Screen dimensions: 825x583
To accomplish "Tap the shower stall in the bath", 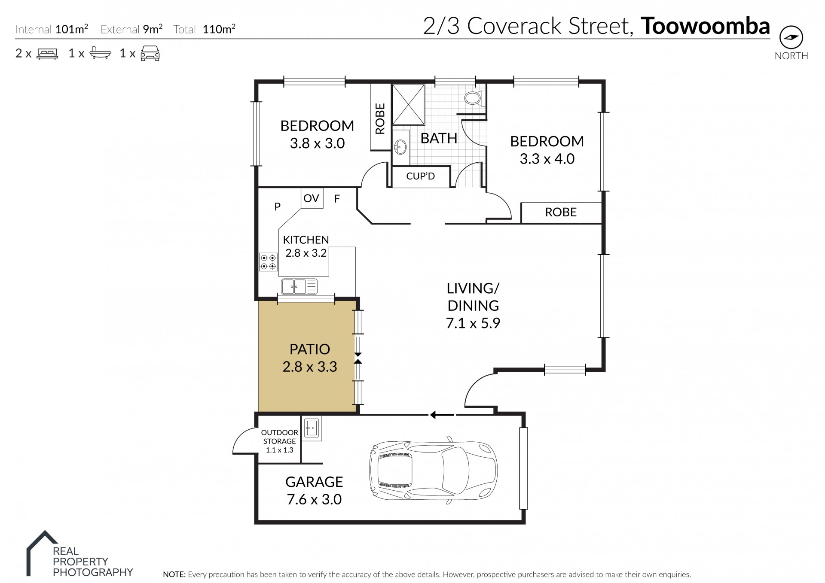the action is coord(408,104).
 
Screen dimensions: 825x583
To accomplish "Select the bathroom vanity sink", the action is coord(400,146).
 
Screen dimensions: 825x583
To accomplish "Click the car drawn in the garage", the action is coord(433,470).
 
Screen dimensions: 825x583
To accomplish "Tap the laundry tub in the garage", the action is coord(312,428).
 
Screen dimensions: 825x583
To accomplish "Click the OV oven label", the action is coord(311,198).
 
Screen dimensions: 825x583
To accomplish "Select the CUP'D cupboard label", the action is coord(421,176).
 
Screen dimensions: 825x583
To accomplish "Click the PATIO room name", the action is coord(310,349).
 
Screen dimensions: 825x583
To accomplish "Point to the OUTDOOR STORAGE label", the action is coord(280,437).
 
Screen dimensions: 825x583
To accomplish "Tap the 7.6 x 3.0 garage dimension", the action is coord(314,499).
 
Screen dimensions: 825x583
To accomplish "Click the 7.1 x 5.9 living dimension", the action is coord(473,323).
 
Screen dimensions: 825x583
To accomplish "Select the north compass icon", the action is coord(791,38).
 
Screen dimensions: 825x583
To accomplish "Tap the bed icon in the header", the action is coord(47,54).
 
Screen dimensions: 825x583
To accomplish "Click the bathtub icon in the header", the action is coord(101,53).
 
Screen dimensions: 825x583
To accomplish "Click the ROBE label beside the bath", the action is coord(380,119).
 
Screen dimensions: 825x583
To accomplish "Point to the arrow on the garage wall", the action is coord(442,415).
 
